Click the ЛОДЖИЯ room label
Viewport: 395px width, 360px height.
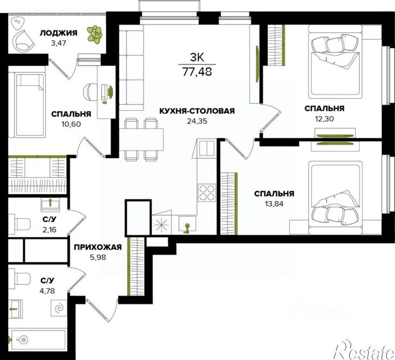[x=58, y=33]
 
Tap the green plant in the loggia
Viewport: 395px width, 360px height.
[x=95, y=33]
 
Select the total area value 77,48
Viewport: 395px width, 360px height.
[x=197, y=73]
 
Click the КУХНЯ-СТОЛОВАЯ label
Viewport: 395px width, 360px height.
[x=197, y=111]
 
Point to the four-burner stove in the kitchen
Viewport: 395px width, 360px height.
[x=207, y=193]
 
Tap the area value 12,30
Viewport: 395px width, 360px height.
[x=325, y=118]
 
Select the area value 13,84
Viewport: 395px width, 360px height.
[x=274, y=204]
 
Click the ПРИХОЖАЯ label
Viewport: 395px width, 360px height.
[x=98, y=247]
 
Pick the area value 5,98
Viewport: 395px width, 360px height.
[x=98, y=257]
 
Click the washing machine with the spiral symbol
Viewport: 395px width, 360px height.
[x=59, y=308]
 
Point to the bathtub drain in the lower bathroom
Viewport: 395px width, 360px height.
[x=23, y=339]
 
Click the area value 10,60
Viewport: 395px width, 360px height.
[x=71, y=124]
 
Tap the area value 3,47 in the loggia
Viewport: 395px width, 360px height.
[x=58, y=43]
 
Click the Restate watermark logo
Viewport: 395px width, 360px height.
[x=363, y=350]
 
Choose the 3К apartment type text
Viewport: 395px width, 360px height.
[x=197, y=58]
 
